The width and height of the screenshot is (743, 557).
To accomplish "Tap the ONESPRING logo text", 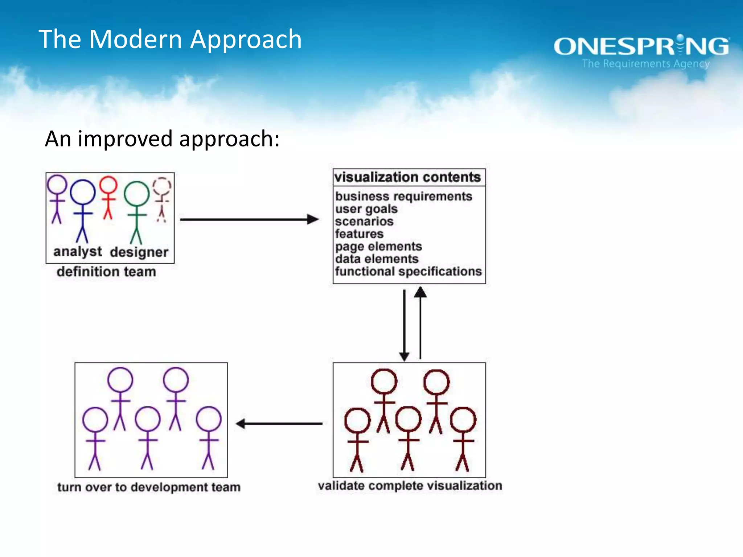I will [x=641, y=46].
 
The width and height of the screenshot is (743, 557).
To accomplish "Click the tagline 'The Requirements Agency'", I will [x=645, y=64].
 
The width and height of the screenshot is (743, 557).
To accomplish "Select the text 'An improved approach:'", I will [x=162, y=139].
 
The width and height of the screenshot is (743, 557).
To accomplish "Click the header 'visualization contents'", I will [x=407, y=177].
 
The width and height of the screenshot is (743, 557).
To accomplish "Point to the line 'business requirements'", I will [x=403, y=196].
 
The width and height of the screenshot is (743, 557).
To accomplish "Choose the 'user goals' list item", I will [x=366, y=209].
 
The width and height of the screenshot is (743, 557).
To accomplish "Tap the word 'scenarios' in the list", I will [x=364, y=221].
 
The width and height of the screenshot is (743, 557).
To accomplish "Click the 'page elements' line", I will [x=378, y=247].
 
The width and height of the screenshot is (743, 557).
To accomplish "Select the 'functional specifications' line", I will [x=408, y=272].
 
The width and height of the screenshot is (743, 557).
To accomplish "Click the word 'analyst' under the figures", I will [x=78, y=252].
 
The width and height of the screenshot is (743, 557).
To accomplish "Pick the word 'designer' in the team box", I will [x=139, y=252].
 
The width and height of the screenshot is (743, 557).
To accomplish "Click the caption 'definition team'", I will [x=106, y=272].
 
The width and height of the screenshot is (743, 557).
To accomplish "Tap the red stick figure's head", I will [x=108, y=185].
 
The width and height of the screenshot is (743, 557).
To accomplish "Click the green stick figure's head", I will [x=137, y=194].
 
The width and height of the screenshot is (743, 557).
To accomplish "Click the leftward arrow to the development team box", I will [x=279, y=423].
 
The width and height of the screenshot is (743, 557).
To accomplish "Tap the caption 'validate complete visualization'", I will [x=410, y=486].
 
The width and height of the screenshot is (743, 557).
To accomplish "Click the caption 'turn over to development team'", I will [x=149, y=487].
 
